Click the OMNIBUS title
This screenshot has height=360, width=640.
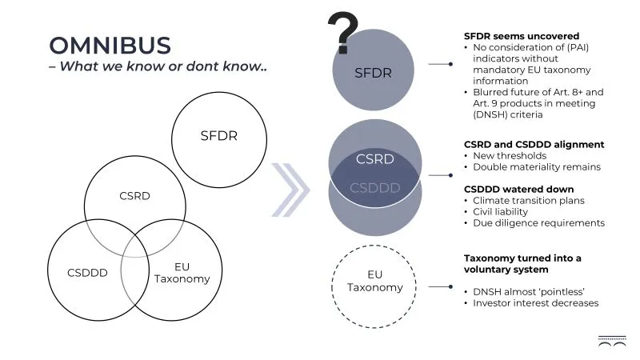pos(110,45)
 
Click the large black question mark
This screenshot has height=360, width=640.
pos(343,33)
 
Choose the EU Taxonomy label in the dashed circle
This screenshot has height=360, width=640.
pos(375,281)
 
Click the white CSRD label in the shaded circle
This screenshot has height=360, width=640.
pos(374,158)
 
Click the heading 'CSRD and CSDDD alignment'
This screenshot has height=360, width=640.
pos(534,144)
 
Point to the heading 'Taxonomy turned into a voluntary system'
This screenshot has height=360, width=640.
pos(523,264)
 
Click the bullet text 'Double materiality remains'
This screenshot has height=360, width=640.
pos(537,167)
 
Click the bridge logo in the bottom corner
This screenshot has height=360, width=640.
pos(612,342)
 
